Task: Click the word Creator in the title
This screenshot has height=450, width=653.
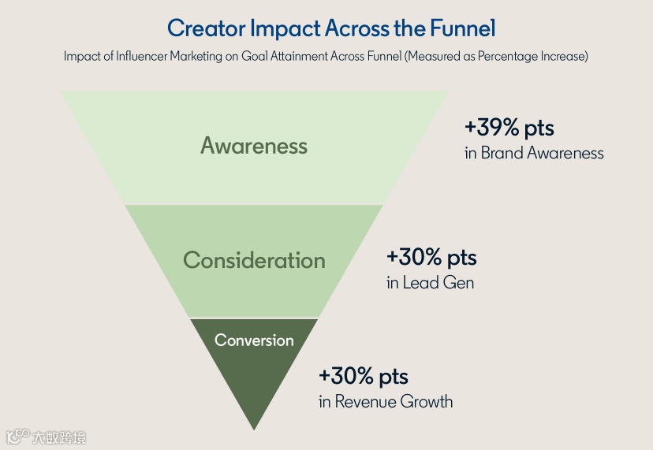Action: pyautogui.click(x=206, y=29)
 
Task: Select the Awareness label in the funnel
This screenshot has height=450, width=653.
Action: pyautogui.click(x=254, y=146)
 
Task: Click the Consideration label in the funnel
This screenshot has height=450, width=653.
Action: pyautogui.click(x=254, y=261)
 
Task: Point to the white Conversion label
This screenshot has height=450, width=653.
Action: pyautogui.click(x=254, y=340)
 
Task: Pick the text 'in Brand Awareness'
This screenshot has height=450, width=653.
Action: pyautogui.click(x=534, y=153)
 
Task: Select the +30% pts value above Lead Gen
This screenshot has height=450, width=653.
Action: pyautogui.click(x=431, y=258)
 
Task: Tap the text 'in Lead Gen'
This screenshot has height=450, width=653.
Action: pyautogui.click(x=430, y=282)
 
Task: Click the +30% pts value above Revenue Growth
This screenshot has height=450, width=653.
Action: pyautogui.click(x=364, y=376)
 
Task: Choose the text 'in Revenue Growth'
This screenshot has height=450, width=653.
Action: pyautogui.click(x=386, y=401)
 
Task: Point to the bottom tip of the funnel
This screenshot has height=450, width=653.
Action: pyautogui.click(x=254, y=427)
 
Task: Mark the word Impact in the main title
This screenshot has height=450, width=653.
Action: pyautogui.click(x=285, y=29)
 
